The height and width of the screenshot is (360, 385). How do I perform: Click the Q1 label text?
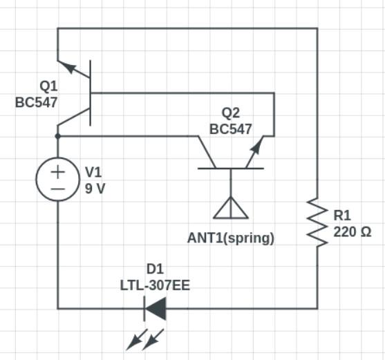pos(49,87)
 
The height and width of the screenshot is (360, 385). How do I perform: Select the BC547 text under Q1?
pos(37,102)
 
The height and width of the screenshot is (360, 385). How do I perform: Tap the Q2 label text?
pos(231,113)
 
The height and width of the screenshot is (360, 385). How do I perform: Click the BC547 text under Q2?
pos(231,129)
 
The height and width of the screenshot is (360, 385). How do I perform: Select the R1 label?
pos(342,216)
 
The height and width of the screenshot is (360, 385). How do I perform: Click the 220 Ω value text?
pos(353,232)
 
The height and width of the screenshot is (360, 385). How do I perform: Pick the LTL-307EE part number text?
pos(155,285)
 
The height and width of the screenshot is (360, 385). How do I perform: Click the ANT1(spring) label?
pos(231,238)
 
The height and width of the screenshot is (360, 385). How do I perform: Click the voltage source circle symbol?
pos(57,179)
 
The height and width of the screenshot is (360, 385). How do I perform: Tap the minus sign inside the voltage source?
pos(57,188)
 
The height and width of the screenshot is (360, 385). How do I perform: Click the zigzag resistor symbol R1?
pos(317,222)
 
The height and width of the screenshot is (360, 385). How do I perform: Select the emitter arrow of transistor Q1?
pos(67,67)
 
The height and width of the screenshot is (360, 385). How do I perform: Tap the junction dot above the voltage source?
pos(57,136)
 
